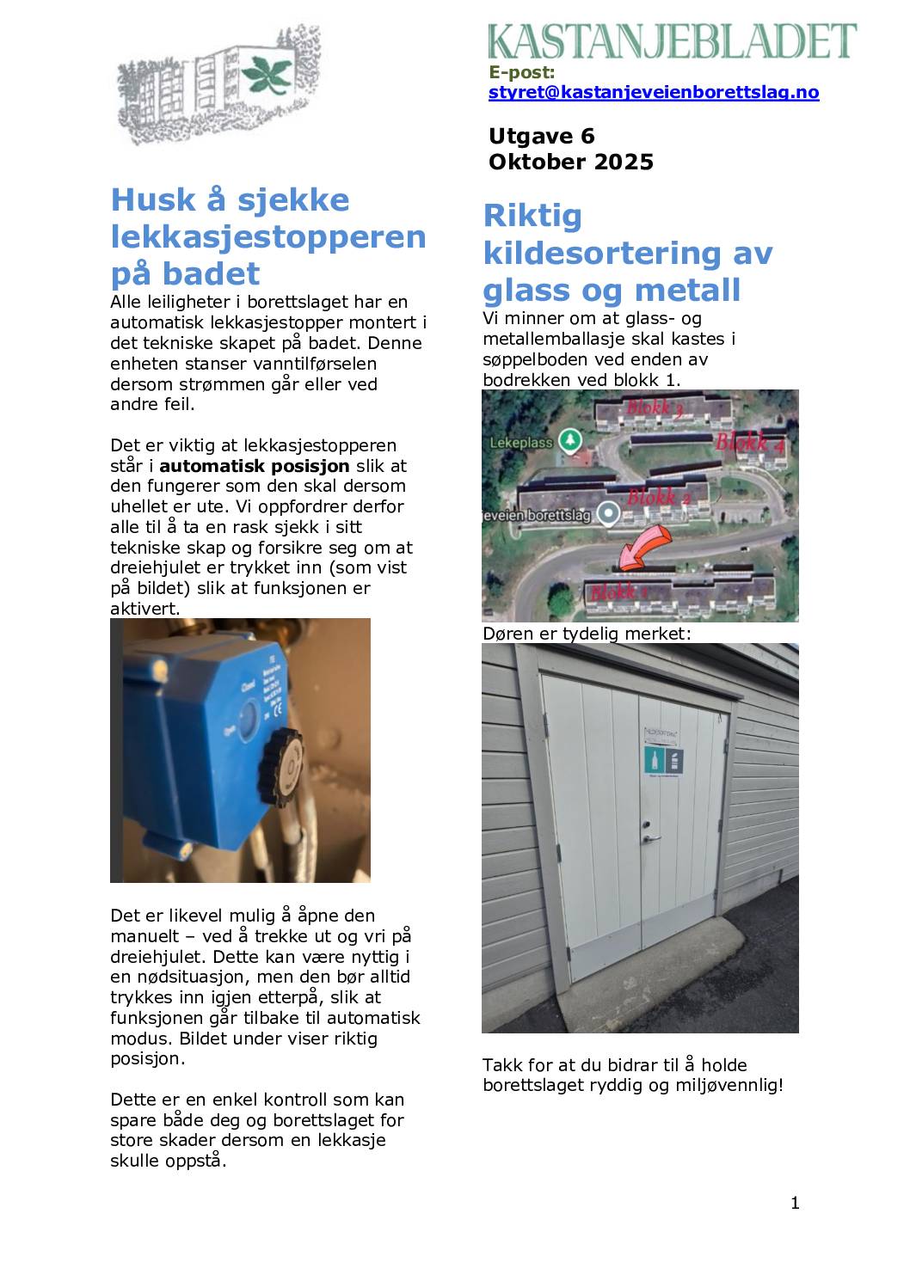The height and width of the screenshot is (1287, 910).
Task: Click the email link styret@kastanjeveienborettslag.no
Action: [x=653, y=93]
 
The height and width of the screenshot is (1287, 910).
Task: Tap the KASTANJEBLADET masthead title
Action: [x=673, y=40]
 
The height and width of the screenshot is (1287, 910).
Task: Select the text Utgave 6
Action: [x=541, y=137]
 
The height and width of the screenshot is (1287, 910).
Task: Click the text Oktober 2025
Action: [x=570, y=162]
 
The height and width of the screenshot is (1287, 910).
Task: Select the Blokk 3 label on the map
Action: [x=655, y=408]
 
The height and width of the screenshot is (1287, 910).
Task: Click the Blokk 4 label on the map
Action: [x=750, y=443]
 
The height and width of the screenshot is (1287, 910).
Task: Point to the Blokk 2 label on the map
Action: [x=659, y=497]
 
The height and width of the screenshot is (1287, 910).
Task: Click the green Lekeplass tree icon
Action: [x=569, y=441]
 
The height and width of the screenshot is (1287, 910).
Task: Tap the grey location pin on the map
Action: [x=609, y=514]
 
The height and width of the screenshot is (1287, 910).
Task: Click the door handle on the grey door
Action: [x=651, y=833]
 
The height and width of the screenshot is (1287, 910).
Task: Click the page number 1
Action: [x=795, y=1203]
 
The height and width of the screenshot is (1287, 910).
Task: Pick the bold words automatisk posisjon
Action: [x=255, y=466]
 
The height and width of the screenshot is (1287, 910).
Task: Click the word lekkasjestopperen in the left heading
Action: [x=268, y=236]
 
